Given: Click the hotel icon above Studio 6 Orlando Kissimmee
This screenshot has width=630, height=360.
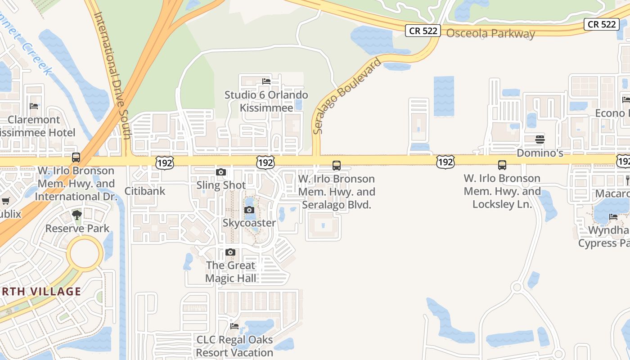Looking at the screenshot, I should tap(266, 81).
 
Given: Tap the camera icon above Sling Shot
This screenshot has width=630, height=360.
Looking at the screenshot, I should tap(221, 172).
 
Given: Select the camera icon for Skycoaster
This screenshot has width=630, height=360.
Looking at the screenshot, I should tap(249, 210).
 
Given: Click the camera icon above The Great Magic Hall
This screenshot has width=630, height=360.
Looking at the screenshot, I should tap(230, 252).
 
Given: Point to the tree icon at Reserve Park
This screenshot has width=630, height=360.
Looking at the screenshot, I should tap(77, 215).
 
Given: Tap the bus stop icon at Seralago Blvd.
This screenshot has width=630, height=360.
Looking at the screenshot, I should tap(337, 166).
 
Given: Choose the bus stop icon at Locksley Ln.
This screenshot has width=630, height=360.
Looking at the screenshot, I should tap(502, 165).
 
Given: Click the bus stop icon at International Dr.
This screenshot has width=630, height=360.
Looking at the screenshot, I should tap(76, 157).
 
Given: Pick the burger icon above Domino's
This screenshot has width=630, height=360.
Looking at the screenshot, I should tap(540, 139).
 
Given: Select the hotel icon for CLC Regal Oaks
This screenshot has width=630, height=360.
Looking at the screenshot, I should tap(234, 326).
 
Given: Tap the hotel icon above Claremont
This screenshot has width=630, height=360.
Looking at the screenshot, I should tap(34, 106).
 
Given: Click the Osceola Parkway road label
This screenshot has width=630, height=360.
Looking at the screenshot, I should tap(490, 34).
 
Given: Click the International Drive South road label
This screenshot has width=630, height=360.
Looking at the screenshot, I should tap(112, 74).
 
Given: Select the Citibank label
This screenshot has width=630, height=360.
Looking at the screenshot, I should tap(145, 191).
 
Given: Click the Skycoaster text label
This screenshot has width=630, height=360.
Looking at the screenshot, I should tap(249, 223).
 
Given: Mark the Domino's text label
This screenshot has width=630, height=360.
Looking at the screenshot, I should tap(540, 153).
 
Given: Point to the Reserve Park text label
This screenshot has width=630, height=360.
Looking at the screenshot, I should tap(77, 228).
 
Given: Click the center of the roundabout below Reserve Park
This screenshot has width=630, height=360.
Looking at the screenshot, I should tap(85, 254).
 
